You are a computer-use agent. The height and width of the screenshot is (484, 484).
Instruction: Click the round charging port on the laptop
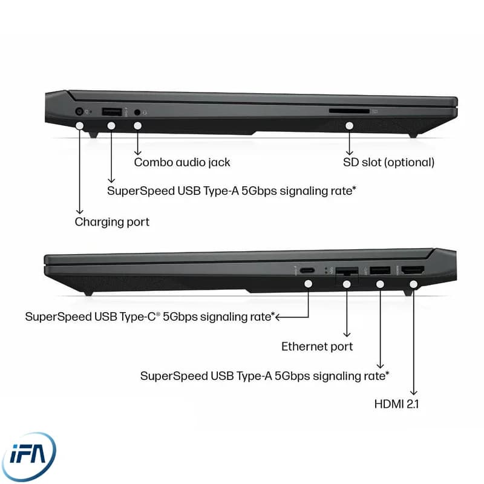80,111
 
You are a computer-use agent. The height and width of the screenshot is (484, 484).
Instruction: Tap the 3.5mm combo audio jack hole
137,113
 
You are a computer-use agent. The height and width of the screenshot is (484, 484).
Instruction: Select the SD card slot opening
349,111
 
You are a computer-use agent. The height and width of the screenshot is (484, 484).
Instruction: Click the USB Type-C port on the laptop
307,270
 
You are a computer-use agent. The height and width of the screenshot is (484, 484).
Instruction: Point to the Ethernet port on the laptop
347,272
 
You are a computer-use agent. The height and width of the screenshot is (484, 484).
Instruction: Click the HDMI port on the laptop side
413,270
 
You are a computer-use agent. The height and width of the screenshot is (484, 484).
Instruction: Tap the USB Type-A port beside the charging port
112,111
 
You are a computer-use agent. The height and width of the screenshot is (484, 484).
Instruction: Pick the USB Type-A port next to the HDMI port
380,270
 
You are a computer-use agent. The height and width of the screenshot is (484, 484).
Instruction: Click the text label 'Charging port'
112,222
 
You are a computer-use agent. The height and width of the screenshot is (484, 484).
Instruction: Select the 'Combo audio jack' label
182,162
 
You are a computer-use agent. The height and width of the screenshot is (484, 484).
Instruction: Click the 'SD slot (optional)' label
388,162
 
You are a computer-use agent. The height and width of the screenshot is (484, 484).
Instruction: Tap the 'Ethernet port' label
317,346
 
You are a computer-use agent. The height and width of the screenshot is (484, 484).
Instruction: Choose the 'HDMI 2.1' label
396,404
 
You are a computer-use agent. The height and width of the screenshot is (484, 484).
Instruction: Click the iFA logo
28,456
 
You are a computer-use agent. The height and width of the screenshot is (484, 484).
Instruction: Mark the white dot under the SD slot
350,126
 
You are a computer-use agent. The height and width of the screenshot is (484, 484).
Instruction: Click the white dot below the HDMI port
414,284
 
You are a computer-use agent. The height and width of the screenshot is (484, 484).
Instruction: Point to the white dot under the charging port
80,126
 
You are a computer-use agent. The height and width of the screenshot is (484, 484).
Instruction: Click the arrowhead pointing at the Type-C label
278,317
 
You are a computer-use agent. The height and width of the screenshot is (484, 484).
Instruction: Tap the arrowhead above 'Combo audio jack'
138,152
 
